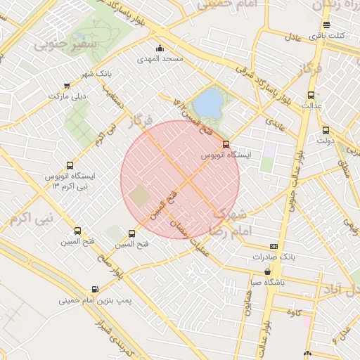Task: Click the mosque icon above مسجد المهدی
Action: tap(160, 49)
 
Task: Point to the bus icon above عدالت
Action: tap(311, 95)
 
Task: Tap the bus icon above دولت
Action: tap(325, 130)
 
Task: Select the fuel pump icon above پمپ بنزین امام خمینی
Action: tap(95, 288)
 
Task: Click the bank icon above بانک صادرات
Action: tap(274, 246)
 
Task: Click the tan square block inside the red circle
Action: tap(141, 195)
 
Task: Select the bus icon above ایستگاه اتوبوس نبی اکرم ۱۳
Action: tap(69, 165)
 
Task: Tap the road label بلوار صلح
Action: tap(110, 267)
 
